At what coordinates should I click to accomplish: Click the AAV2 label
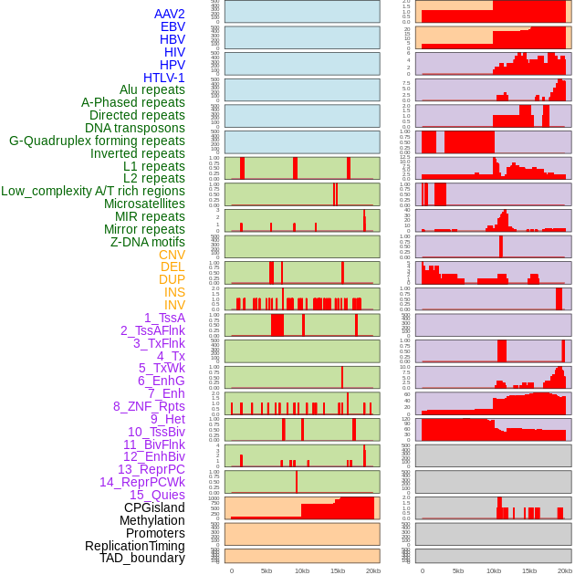coord(169,14)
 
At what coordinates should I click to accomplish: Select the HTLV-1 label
coord(163,78)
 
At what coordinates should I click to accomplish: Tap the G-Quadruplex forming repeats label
coord(97,141)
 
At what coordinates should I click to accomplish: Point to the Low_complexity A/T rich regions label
coord(93,191)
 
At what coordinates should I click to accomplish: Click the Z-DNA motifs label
coord(147,242)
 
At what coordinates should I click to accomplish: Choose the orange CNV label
coord(172,255)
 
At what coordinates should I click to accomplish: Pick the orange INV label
coord(174,305)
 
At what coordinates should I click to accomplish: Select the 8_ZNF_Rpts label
coord(149,406)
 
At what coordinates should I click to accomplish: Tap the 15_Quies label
coord(157,495)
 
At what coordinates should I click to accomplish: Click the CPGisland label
coord(154,507)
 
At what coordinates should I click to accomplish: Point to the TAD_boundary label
coord(142,558)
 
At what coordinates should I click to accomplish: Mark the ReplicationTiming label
coord(134,546)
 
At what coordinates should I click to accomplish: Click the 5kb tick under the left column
coord(267,570)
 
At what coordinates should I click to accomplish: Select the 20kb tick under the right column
coord(565,570)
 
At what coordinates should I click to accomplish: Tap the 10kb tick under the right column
coord(494,570)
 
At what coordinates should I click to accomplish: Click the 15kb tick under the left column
coord(338,570)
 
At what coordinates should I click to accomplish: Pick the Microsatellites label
coord(144,204)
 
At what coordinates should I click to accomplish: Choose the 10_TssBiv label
coord(156,432)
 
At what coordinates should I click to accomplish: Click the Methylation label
coord(152,520)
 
